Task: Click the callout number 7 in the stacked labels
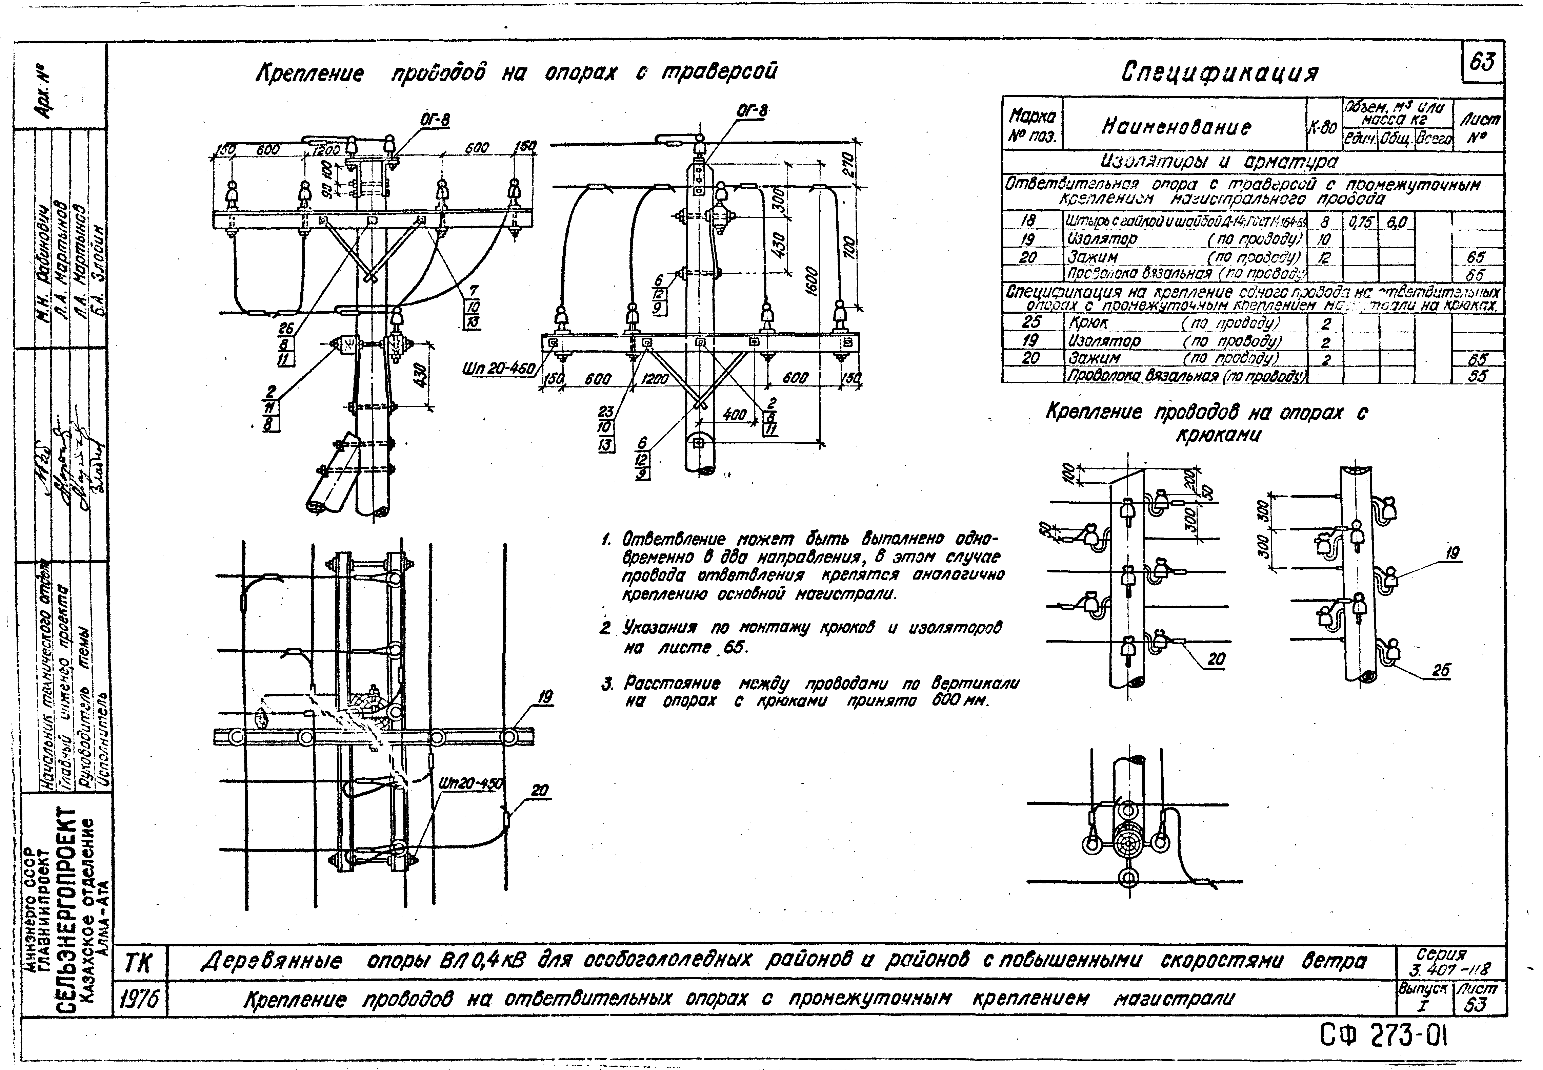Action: click(x=474, y=290)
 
